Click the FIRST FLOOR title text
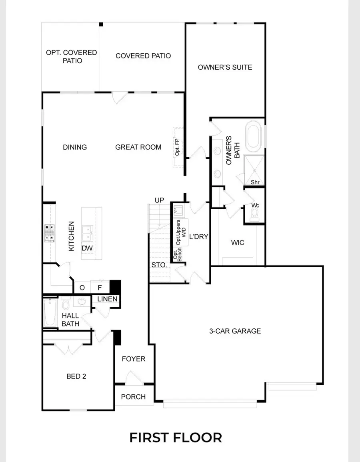[x=175, y=437]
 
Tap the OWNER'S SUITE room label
[x=225, y=67]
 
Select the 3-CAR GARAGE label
[x=235, y=331]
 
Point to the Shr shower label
[x=255, y=182]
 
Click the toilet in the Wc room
[x=255, y=216]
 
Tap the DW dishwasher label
[x=87, y=248]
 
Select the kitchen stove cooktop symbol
[x=49, y=233]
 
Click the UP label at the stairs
[x=160, y=200]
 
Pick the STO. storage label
[x=159, y=265]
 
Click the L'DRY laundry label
[x=198, y=236]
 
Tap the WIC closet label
[x=238, y=242]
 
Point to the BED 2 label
[x=76, y=376]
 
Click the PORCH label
[x=133, y=396]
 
